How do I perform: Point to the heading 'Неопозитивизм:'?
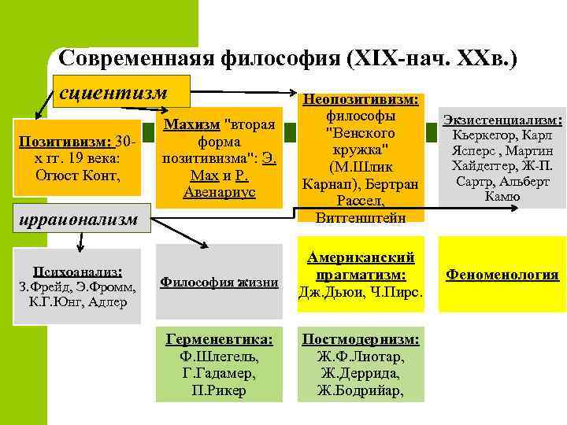coord(360,100)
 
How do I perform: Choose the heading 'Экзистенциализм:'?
coord(502,120)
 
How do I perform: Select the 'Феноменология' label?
coord(502,275)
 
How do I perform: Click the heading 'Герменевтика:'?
coord(219,338)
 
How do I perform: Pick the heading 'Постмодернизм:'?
coord(360,338)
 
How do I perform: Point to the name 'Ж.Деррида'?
coord(360,373)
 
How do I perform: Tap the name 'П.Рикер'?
coord(219,390)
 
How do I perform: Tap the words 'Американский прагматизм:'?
coord(360,266)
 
